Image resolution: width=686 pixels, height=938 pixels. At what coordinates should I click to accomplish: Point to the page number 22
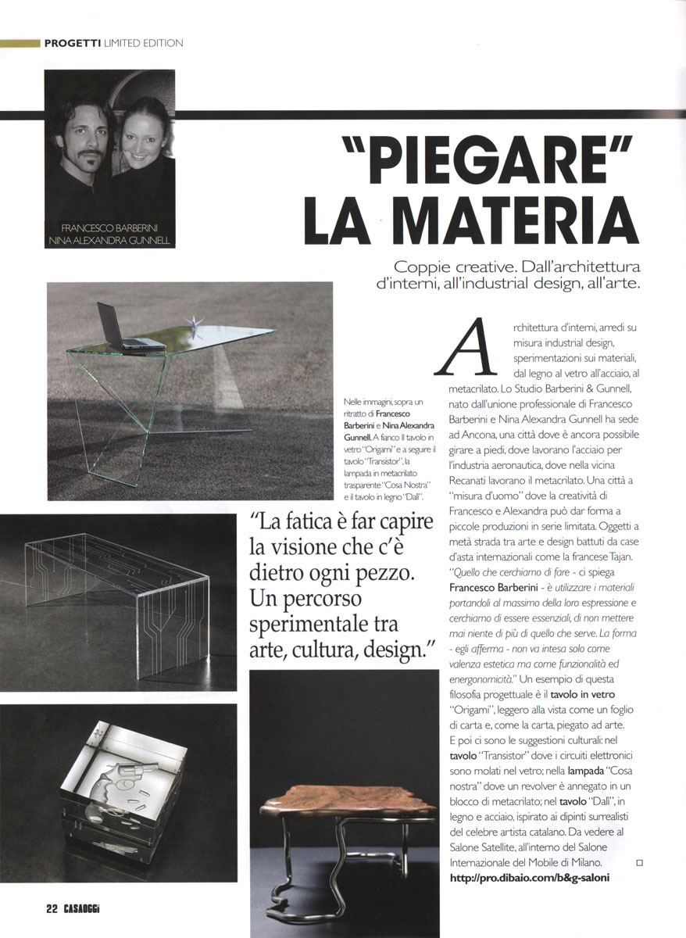[52, 908]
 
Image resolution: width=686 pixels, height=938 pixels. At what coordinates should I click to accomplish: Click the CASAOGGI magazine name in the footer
[83, 908]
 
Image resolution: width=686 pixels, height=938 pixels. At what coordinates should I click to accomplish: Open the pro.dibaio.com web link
[529, 878]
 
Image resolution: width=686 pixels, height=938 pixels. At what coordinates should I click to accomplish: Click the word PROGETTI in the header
[73, 43]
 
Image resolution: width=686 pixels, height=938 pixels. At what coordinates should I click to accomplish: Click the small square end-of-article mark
[639, 862]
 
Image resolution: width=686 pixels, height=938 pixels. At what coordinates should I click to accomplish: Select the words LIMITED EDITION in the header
[144, 43]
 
